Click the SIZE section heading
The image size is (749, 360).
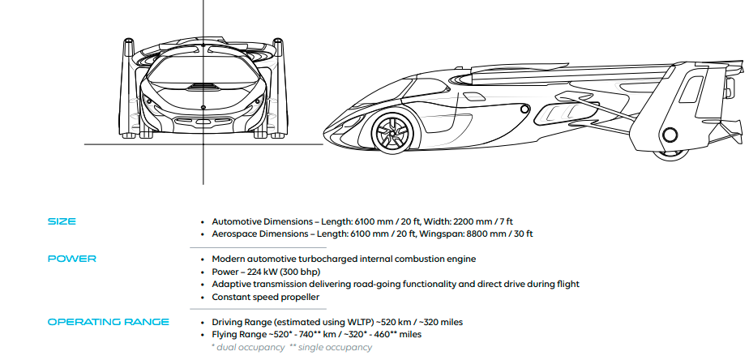pos(62,221)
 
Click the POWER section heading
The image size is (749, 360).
pos(71,259)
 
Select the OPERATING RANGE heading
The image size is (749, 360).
pos(108,322)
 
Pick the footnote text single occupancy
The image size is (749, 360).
pos(334,347)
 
